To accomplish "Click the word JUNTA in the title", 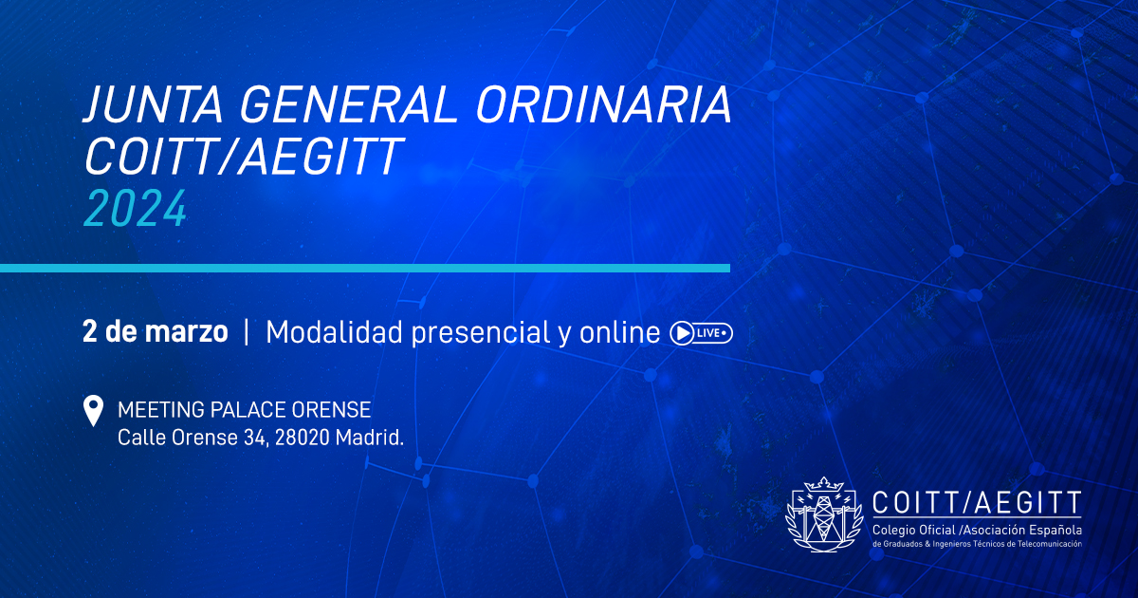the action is (x=154, y=104).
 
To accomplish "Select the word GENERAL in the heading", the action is (x=350, y=104).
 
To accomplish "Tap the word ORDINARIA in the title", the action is (x=603, y=104).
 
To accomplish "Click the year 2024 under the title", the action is (x=135, y=209).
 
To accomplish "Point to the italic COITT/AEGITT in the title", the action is (x=244, y=156).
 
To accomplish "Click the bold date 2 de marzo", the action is (x=155, y=332).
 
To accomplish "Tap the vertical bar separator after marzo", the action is (x=247, y=332).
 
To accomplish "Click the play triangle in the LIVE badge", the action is (x=684, y=333).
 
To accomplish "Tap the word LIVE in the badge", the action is (x=708, y=333).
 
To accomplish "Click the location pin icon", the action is (x=93, y=410).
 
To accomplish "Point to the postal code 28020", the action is (x=303, y=438).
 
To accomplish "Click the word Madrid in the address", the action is (x=369, y=438).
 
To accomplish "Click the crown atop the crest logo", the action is (x=823, y=483).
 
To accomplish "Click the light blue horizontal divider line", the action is (x=365, y=268).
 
